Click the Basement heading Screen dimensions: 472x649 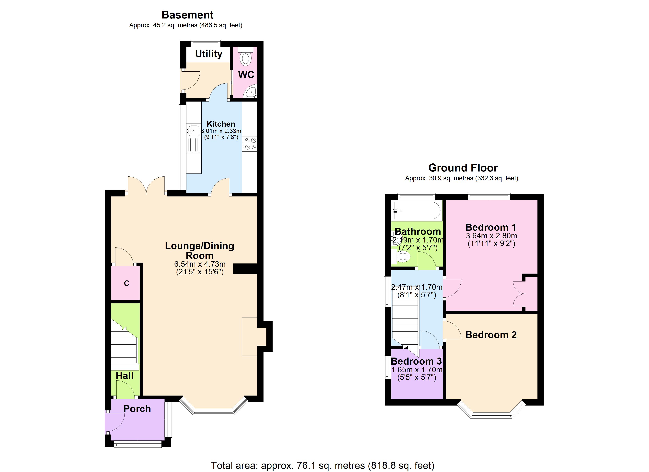coord(187,15)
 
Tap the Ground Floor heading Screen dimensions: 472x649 coord(463,168)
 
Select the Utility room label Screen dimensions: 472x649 coord(209,54)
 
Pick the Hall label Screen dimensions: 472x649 coord(124,376)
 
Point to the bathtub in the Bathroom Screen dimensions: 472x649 coord(417,211)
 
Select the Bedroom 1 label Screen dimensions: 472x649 coord(491,227)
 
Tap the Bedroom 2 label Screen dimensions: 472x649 coord(491,335)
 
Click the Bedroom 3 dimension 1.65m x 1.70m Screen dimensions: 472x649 coord(417,370)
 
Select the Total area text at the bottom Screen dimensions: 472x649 coord(323,466)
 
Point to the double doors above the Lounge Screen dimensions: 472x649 coord(146,186)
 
